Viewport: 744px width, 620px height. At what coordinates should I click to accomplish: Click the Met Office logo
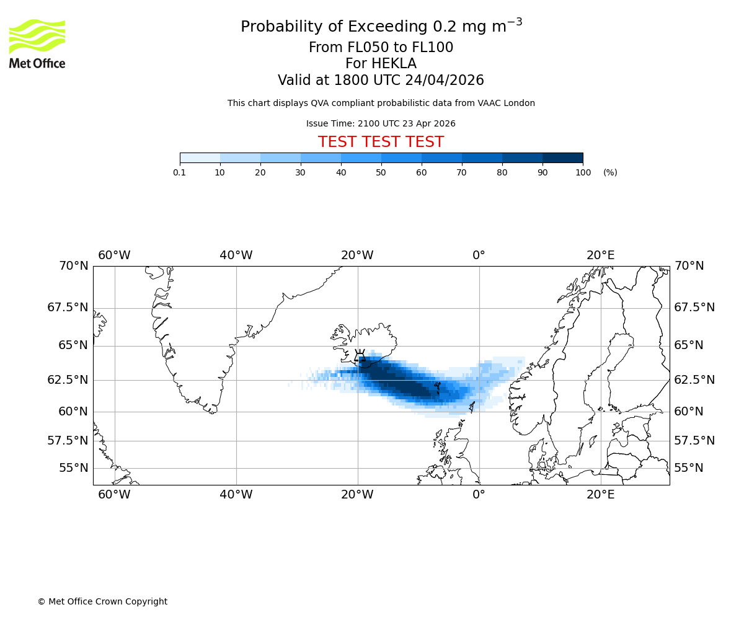click(x=37, y=43)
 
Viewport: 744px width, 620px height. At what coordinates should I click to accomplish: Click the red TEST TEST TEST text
click(x=381, y=142)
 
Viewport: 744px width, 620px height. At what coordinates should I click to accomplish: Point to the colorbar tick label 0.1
click(x=179, y=172)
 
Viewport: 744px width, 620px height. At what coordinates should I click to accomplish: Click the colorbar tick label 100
click(x=583, y=172)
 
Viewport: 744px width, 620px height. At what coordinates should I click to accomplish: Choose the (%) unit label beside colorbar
click(x=610, y=172)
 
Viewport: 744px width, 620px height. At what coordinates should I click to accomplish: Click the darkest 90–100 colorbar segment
click(x=562, y=157)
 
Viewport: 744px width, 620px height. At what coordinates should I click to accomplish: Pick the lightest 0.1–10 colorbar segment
click(x=200, y=157)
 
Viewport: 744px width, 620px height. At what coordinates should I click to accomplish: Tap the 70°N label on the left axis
click(x=73, y=266)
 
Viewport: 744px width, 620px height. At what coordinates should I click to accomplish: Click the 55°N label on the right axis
click(x=689, y=468)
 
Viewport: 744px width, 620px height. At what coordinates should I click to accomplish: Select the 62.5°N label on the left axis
click(x=68, y=380)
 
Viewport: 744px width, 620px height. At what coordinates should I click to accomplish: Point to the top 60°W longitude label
click(x=114, y=255)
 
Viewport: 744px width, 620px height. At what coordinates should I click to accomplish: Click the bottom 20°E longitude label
click(x=601, y=495)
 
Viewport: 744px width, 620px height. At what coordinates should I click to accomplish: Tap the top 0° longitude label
click(x=479, y=255)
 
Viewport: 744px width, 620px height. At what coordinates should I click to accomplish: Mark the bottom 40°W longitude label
click(x=236, y=495)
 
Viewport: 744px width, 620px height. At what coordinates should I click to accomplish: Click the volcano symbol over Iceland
click(x=360, y=356)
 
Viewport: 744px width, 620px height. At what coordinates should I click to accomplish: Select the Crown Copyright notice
click(x=102, y=601)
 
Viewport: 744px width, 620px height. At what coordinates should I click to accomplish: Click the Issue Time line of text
click(x=381, y=123)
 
